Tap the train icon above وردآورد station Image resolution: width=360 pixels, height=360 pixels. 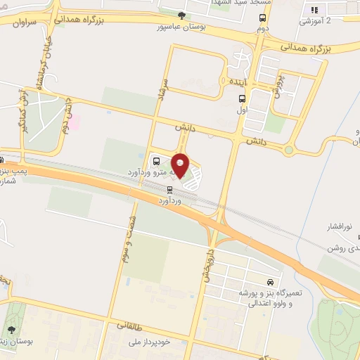(169, 189)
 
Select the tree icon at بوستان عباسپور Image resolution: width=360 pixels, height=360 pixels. (182, 15)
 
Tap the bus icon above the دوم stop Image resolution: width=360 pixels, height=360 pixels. (262, 19)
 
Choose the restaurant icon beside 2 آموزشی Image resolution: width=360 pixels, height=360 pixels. (314, 10)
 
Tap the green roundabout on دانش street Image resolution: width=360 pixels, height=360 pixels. (288, 149)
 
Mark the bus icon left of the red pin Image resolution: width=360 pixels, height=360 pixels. (155, 159)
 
